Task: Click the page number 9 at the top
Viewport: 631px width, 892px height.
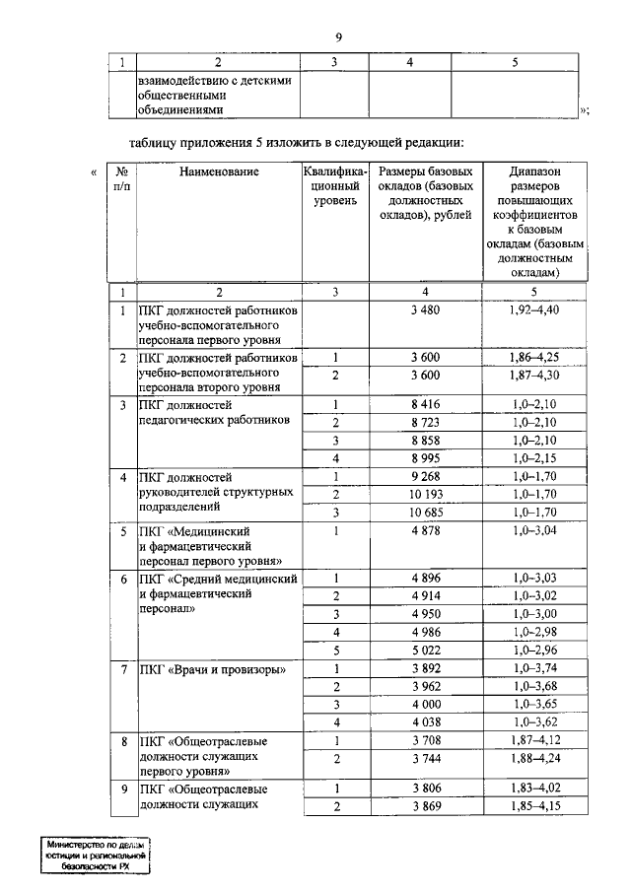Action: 337,37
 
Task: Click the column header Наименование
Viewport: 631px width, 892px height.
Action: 219,172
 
